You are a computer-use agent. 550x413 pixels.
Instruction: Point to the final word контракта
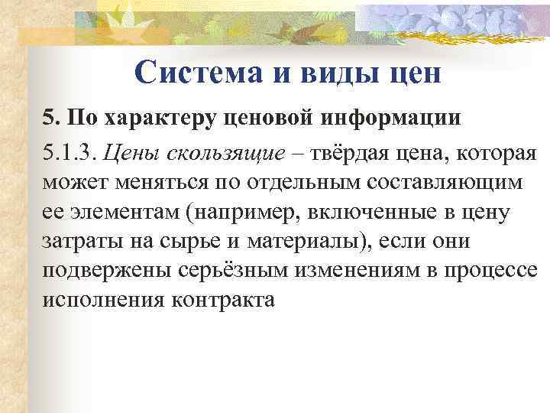pyautogui.click(x=225, y=298)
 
